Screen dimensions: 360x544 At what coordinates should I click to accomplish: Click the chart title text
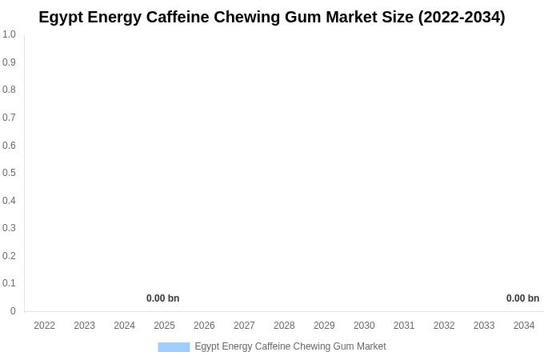pos(272,17)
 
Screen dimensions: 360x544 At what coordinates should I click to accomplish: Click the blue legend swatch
pos(174,346)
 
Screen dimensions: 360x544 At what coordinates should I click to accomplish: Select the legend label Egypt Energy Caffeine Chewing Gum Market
pos(290,346)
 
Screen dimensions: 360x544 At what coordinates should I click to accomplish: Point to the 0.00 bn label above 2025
pos(162,298)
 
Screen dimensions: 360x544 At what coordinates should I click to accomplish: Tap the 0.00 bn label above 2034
pos(522,298)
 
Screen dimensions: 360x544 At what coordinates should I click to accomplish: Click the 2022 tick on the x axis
pos(44,326)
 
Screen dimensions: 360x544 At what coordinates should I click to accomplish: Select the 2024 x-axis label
pos(124,326)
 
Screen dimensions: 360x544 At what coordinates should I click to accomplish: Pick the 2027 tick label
pos(244,326)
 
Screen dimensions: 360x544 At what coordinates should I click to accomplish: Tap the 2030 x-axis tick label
pos(364,326)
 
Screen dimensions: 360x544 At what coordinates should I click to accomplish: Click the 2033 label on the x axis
pos(484,326)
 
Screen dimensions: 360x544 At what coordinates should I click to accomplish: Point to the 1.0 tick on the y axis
pos(9,34)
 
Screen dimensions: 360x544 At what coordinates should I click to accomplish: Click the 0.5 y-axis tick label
pos(9,173)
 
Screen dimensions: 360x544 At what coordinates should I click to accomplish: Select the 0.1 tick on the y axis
pos(9,283)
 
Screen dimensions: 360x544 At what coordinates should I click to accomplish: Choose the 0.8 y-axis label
pos(9,90)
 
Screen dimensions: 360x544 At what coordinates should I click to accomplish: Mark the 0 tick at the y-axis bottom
pos(13,311)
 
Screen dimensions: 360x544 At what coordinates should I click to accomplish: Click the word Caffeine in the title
pos(178,17)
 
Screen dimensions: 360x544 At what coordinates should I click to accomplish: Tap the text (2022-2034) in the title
pos(462,17)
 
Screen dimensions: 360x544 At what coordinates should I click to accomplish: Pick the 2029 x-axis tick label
pos(324,326)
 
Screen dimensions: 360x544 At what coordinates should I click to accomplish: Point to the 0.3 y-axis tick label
pos(9,228)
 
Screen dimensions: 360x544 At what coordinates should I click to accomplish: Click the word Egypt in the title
pos(61,17)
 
